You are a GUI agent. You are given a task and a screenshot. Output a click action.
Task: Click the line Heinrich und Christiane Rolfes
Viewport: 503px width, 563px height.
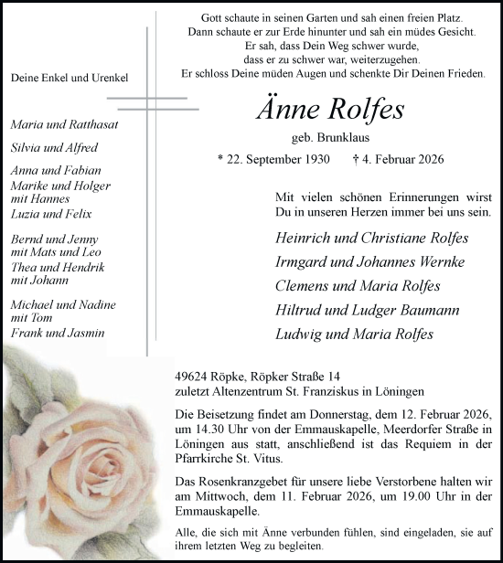371,238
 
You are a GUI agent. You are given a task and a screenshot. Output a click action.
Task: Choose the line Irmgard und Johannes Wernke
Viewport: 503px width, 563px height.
369,262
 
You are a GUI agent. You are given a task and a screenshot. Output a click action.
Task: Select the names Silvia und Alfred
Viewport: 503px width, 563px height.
55,147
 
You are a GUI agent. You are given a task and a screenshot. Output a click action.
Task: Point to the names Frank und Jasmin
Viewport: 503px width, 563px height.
58,333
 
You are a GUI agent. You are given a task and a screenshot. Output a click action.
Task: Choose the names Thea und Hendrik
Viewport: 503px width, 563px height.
59,267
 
